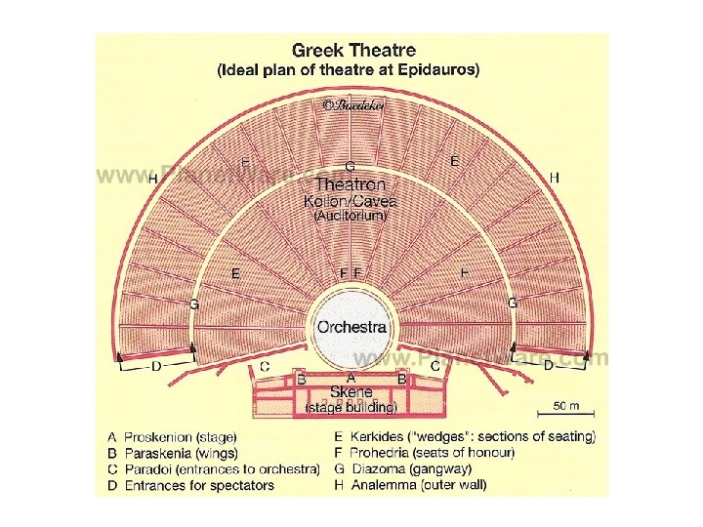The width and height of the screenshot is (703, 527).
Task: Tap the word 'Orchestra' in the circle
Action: [351, 328]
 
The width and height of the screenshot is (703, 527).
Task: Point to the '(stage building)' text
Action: [351, 407]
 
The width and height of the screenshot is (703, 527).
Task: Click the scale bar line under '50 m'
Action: [568, 415]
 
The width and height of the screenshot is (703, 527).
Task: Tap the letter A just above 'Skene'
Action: [351, 376]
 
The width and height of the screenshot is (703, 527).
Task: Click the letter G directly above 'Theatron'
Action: [351, 167]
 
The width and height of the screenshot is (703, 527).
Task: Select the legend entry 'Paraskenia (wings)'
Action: [181, 453]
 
